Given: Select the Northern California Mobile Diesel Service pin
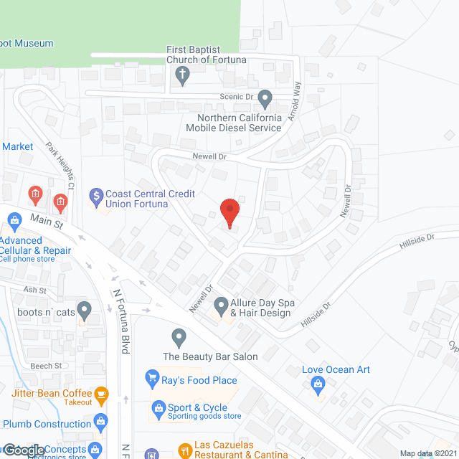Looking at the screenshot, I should click(265, 98).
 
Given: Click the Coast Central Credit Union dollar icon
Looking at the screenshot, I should click(96, 195).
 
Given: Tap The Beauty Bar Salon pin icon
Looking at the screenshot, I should click(179, 336).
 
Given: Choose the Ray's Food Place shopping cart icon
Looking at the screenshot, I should click(151, 377).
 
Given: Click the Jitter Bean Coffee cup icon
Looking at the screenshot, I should click(102, 393).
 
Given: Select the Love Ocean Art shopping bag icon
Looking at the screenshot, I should click(317, 385).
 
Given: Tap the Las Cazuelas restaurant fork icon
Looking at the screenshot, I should click(185, 450).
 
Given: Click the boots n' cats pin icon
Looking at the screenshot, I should click(85, 311).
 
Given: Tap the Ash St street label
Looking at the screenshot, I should click(34, 290).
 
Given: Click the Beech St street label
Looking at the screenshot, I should click(47, 365).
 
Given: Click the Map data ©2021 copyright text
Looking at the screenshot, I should click(427, 453).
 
